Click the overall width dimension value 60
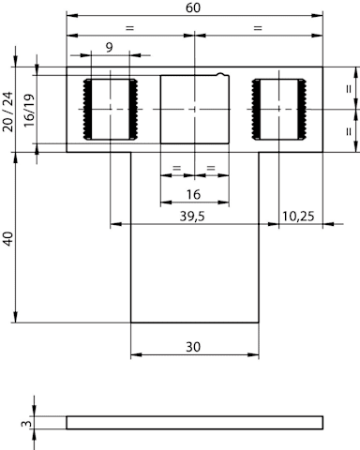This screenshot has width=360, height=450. pyautogui.click(x=193, y=7)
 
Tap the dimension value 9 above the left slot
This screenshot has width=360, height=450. pyautogui.click(x=109, y=48)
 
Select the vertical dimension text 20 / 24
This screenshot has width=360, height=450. pyautogui.click(x=7, y=112)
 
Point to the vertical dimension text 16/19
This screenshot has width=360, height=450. pyautogui.click(x=29, y=111)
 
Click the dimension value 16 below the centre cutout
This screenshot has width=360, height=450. pyautogui.click(x=193, y=194)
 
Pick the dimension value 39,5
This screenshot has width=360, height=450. pyautogui.click(x=192, y=217)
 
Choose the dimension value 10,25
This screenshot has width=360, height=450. pyautogui.click(x=298, y=217)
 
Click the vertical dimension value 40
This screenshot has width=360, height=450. pyautogui.click(x=7, y=239)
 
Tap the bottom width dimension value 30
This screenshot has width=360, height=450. pyautogui.click(x=193, y=347)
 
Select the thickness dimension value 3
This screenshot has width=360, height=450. pyautogui.click(x=27, y=424)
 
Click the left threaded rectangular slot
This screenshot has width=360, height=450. pyautogui.click(x=111, y=109)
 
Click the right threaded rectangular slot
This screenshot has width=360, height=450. pyautogui.click(x=279, y=109)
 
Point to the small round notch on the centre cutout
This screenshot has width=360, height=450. pyautogui.click(x=220, y=74)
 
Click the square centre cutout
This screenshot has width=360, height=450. pyautogui.click(x=195, y=109)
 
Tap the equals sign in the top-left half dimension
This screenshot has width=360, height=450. pyautogui.click(x=129, y=28)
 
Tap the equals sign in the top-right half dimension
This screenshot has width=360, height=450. pyautogui.click(x=258, y=28)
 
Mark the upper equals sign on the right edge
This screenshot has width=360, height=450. pyautogui.click(x=349, y=89)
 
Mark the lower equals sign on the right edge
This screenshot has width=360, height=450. pyautogui.click(x=349, y=131)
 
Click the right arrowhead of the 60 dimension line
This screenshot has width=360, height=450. pyautogui.click(x=318, y=15)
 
